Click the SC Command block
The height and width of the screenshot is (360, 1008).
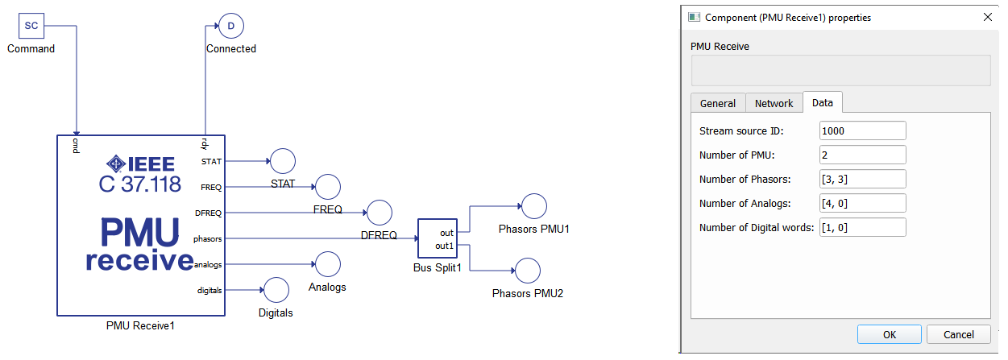[x=31, y=26]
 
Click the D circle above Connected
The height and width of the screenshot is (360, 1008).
[x=231, y=27]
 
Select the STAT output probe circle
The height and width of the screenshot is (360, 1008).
[x=283, y=161]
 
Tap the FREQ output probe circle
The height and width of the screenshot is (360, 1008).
[x=328, y=187]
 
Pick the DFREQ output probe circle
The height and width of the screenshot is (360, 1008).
[x=380, y=213]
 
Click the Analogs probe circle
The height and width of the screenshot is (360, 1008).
[x=327, y=264]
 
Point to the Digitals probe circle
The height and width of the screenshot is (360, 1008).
[x=276, y=290]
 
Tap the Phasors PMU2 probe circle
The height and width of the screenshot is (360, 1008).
[x=528, y=271]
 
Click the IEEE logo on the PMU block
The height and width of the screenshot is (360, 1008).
[x=139, y=163]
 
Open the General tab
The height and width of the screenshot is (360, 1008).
[x=717, y=103]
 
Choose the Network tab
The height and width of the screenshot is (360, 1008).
[x=774, y=103]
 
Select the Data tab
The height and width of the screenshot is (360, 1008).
[x=823, y=102]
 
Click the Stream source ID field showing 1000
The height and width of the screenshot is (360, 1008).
[x=862, y=130]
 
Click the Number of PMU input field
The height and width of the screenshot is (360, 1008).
[x=862, y=155]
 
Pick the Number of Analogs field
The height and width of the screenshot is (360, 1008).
[x=862, y=203]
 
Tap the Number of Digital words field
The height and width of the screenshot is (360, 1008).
[x=862, y=227]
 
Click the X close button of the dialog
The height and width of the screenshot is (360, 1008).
[x=988, y=17]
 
